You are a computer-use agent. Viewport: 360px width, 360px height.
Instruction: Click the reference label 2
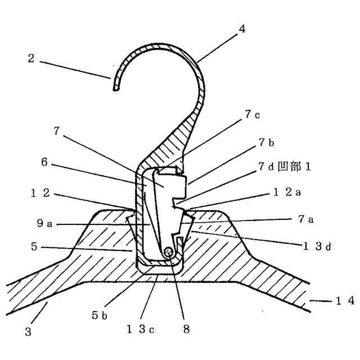[32, 58]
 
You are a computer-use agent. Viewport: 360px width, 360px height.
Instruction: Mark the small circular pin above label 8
[168, 255]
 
